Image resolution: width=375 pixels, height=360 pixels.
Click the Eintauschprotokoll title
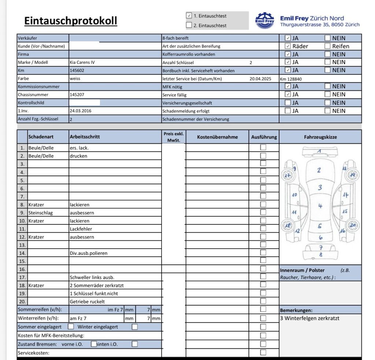[x=71, y=21]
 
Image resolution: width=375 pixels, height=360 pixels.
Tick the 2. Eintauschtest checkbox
[x=189, y=25]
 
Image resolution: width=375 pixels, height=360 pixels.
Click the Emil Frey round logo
[x=264, y=21]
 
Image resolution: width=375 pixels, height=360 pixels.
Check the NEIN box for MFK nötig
[x=327, y=86]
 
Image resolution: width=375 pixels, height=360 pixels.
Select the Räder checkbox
[x=288, y=46]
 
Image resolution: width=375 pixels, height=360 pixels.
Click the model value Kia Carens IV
[x=82, y=62]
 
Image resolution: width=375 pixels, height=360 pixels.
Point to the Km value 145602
[x=77, y=70]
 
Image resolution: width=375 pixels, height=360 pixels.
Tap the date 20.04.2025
[x=260, y=79]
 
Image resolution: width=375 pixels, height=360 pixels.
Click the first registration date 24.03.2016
[x=80, y=111]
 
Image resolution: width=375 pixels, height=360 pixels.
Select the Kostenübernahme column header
[x=217, y=137]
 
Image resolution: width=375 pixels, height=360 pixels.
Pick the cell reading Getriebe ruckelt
[x=87, y=301]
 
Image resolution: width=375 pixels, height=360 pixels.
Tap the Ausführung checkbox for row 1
[x=263, y=147]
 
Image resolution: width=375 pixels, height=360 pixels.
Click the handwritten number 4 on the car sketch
[x=320, y=206]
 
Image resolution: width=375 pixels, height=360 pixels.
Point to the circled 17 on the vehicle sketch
[x=287, y=175]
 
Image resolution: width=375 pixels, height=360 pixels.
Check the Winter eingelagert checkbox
[x=135, y=327]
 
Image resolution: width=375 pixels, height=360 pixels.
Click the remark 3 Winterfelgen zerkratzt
[x=309, y=318]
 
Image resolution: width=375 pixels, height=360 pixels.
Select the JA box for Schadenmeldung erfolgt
[x=288, y=111]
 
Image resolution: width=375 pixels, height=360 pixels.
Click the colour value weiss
[x=75, y=78]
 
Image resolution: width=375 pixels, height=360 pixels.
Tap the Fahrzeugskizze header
[x=320, y=137]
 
